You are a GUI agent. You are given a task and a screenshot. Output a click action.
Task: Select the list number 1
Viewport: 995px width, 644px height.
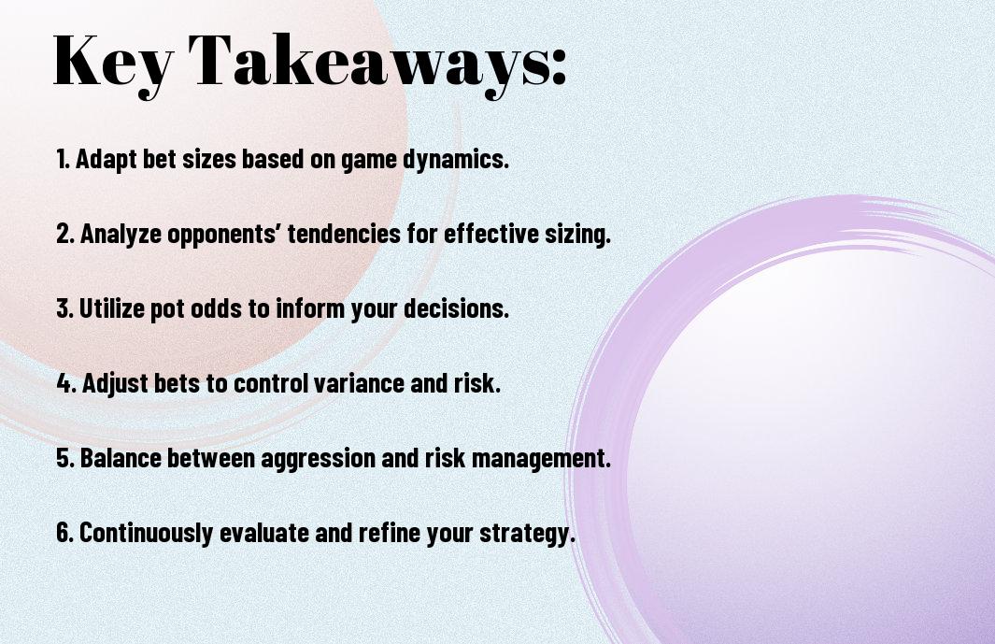pos(62,159)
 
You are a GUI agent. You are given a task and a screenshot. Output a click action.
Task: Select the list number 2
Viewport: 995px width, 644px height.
pos(65,234)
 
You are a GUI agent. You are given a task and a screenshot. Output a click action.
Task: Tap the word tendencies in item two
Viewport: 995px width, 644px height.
pos(344,234)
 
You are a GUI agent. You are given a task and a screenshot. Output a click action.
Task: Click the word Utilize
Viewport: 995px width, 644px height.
pos(112,308)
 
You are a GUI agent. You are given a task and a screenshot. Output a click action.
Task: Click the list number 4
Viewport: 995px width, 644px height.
pos(66,383)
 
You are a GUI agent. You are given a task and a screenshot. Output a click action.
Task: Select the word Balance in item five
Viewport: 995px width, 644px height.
pos(121,458)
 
